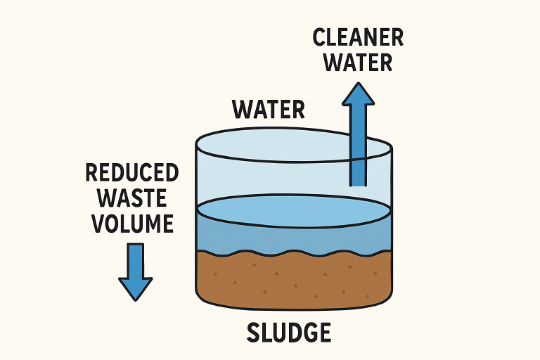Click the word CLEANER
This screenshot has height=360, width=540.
(359, 37)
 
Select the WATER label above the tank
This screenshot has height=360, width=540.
(269, 110)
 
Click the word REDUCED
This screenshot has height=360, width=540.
(131, 172)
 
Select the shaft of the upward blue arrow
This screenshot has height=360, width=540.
(359, 148)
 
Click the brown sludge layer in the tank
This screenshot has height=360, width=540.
(293, 281)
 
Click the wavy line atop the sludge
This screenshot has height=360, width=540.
(293, 254)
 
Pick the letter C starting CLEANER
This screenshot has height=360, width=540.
(320, 37)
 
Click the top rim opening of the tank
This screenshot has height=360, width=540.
(293, 143)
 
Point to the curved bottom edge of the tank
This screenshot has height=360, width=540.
(293, 308)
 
